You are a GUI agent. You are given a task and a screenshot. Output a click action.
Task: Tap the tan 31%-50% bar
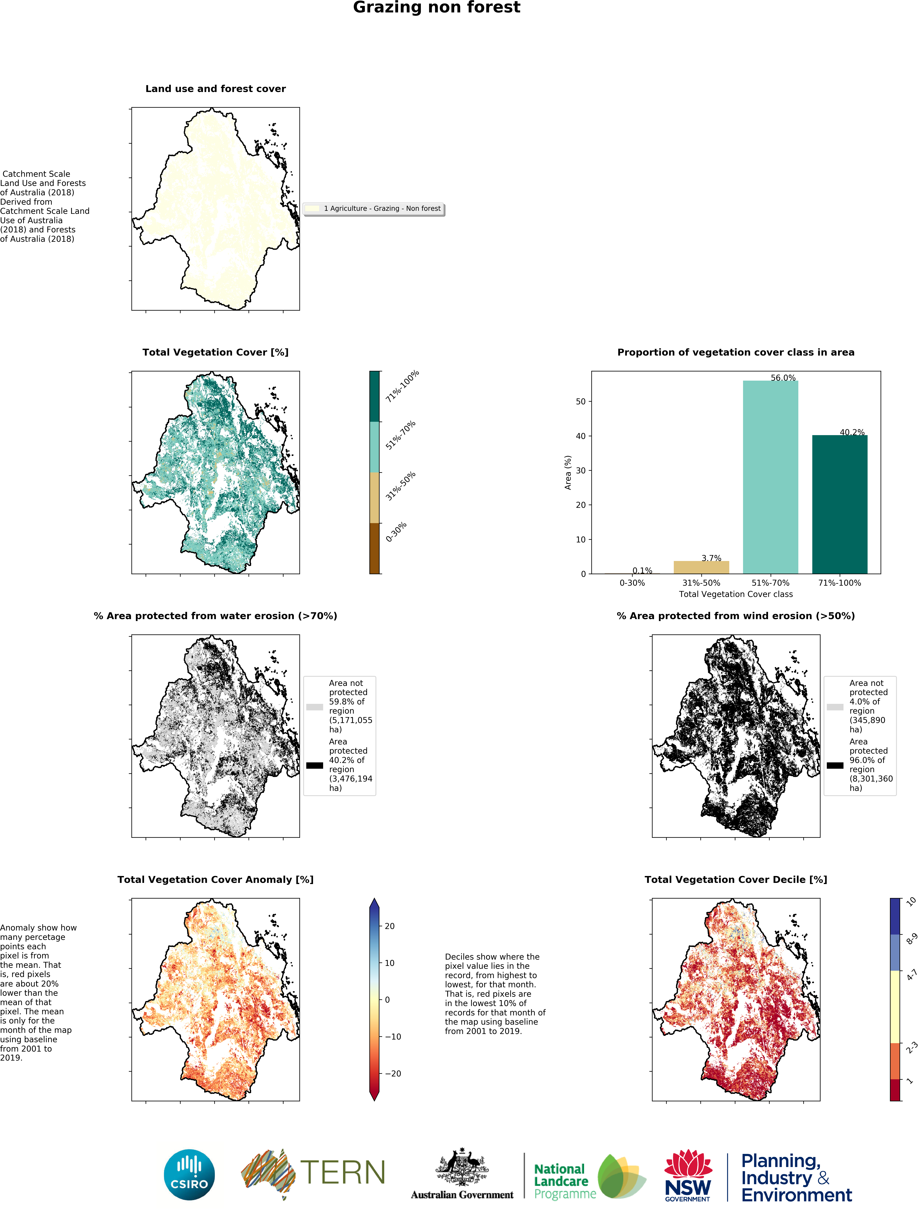[701, 567]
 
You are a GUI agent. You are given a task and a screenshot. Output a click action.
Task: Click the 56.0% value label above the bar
[783, 378]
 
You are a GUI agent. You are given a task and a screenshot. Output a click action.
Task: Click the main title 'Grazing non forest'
[437, 8]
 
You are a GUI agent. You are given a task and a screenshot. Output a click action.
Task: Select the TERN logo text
[343, 1173]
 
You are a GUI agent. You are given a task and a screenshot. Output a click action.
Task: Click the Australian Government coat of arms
[462, 1167]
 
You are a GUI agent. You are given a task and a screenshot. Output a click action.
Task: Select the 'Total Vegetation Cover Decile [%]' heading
[735, 879]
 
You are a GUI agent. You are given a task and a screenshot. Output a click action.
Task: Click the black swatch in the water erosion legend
[314, 765]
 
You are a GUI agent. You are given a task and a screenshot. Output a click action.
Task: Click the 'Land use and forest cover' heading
[215, 89]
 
